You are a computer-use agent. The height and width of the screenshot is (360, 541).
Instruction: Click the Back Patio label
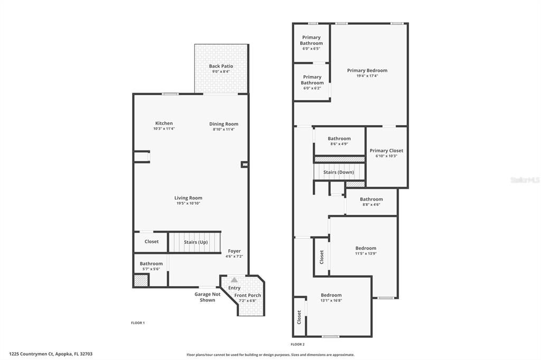point(221,66)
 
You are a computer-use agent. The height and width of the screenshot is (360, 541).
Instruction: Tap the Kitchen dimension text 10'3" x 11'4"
point(164,129)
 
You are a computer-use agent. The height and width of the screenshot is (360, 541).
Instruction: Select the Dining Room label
point(223,124)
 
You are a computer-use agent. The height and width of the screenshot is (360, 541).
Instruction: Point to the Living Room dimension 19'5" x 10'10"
point(188,203)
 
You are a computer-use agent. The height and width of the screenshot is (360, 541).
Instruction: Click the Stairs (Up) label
point(195,242)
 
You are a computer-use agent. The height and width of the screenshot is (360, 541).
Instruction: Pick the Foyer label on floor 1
point(234,251)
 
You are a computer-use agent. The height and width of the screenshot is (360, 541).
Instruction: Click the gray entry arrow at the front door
point(234,280)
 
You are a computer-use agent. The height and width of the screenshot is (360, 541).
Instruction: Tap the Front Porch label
point(248,295)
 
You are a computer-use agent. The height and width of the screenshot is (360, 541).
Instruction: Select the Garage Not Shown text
point(207,297)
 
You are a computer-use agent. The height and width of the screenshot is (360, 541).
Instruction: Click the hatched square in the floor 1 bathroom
point(141,280)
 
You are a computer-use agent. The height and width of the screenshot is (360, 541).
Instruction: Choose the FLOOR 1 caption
point(138,323)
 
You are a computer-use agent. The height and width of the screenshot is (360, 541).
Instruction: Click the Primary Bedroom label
point(367,70)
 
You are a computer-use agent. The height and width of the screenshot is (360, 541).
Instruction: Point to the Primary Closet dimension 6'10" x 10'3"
point(386,156)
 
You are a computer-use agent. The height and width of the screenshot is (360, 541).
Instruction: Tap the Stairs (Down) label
point(339,172)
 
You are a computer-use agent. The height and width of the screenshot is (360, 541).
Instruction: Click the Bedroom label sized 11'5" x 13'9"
point(366,248)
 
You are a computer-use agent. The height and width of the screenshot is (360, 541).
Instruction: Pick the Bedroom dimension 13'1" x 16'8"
point(331,300)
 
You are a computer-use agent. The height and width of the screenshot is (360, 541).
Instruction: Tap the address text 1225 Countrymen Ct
point(31,354)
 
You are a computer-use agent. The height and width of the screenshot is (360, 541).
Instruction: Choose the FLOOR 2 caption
point(298,344)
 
